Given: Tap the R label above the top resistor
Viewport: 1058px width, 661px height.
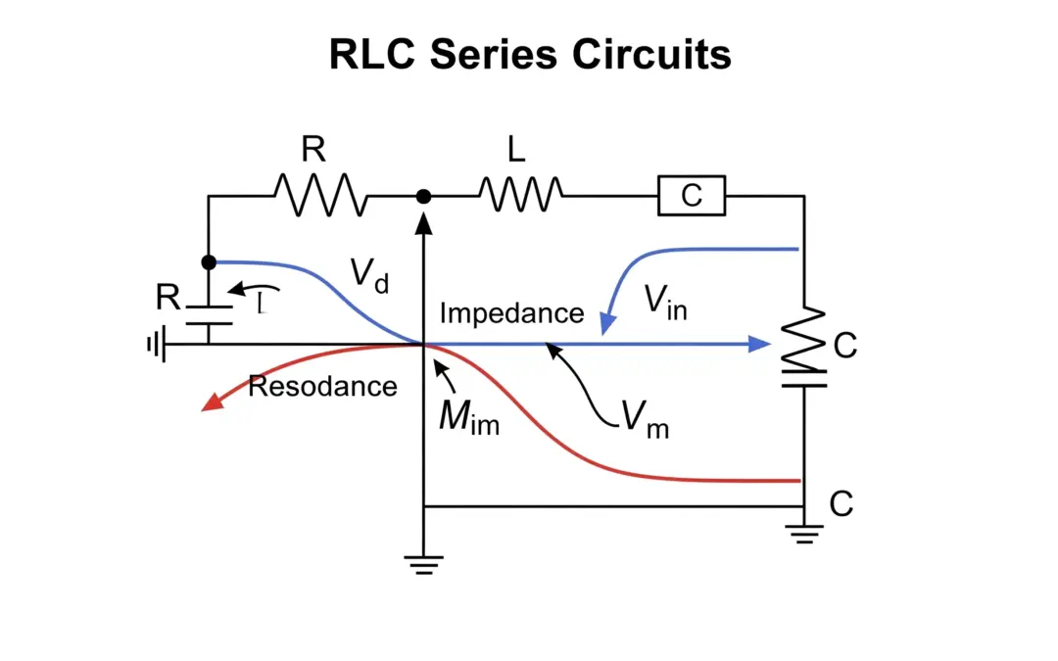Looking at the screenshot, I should (x=313, y=149).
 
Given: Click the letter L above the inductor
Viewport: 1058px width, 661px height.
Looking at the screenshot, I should (x=516, y=149).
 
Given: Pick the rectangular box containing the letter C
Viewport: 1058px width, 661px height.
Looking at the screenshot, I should (x=692, y=196).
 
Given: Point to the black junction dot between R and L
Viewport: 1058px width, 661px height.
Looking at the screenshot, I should (x=423, y=197).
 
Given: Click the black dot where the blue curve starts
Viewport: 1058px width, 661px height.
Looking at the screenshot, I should (x=209, y=262).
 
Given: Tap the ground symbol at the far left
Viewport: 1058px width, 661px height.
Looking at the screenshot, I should (x=155, y=345).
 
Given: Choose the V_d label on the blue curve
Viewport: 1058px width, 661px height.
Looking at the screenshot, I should (x=369, y=277).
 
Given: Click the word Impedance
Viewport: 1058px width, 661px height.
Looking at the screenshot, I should (x=511, y=313).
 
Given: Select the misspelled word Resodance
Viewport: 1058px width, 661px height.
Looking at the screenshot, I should (x=322, y=386).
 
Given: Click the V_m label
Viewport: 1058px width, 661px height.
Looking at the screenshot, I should (x=645, y=419).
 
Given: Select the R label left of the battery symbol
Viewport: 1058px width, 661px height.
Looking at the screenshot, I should (x=168, y=298).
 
